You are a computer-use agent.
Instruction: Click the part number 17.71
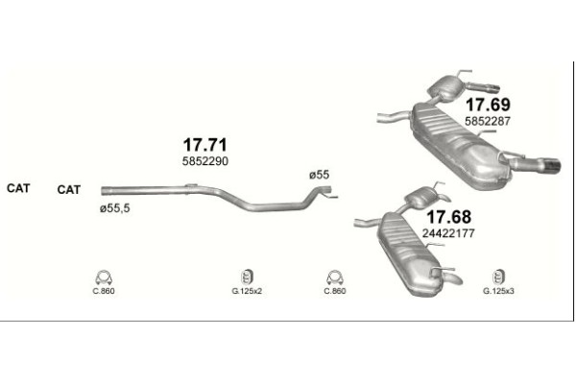[x=205, y=145]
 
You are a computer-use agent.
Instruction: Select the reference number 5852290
[x=205, y=161]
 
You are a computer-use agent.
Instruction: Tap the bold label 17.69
[x=488, y=105]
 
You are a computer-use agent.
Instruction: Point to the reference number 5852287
[x=488, y=121]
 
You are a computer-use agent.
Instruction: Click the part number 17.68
[x=448, y=217]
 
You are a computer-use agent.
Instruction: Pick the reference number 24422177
[x=448, y=233]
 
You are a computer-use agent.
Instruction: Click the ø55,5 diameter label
[x=114, y=208]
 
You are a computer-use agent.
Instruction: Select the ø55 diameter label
[x=320, y=175]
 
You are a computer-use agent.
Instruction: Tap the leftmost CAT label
[x=18, y=188]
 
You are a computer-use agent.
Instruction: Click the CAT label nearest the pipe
[x=69, y=190]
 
